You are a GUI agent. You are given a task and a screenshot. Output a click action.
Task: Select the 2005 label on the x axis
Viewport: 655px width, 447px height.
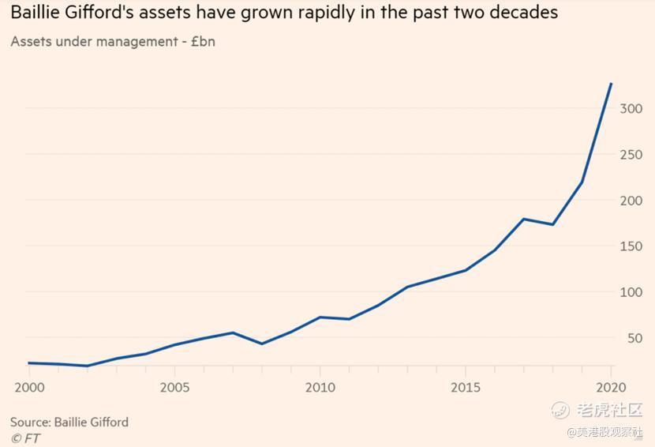(174, 388)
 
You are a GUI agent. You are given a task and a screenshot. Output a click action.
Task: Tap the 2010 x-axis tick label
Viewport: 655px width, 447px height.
(320, 388)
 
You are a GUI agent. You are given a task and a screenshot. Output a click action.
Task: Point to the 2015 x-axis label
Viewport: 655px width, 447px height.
(466, 388)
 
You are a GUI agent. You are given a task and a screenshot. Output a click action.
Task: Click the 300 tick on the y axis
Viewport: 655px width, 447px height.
(631, 108)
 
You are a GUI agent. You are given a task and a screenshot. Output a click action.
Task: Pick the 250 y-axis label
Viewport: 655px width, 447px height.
(631, 155)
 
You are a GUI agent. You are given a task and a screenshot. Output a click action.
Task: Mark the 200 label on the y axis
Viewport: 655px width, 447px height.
(631, 201)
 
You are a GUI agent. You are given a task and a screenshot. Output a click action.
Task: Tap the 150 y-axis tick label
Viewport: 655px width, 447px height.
(631, 246)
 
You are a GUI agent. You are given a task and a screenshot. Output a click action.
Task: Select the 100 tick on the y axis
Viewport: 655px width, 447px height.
(631, 292)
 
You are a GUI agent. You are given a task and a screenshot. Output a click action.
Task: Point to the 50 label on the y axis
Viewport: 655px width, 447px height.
(635, 339)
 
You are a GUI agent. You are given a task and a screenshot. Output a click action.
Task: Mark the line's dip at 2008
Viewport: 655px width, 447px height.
(261, 344)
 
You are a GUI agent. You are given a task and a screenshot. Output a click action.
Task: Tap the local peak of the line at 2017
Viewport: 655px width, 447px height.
(524, 219)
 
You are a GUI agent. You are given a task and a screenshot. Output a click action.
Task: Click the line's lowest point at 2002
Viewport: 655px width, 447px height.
(86, 366)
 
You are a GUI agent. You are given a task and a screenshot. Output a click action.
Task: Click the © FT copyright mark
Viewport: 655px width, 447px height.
(25, 438)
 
